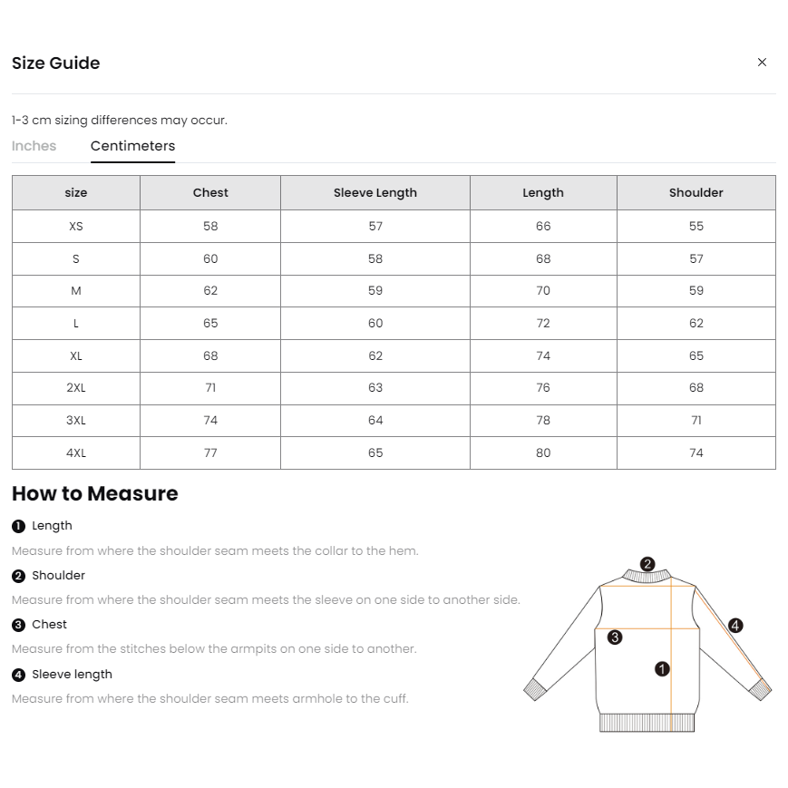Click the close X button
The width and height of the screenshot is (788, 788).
tap(762, 63)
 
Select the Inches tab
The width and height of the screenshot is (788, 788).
tap(34, 146)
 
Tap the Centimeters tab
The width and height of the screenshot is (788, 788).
tap(132, 146)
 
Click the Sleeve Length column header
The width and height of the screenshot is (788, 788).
tap(375, 192)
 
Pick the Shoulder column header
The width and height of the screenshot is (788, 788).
tap(696, 192)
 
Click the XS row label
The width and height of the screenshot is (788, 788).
tap(76, 226)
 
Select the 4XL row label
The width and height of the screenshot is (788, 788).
tap(76, 452)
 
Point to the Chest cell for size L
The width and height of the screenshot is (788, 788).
tap(210, 323)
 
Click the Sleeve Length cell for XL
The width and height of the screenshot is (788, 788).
tap(375, 355)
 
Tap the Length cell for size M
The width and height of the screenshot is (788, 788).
tap(543, 290)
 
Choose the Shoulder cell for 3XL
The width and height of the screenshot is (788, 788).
tap(696, 420)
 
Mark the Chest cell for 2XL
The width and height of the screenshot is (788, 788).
tap(210, 387)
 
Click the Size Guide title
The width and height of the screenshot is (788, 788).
tap(56, 63)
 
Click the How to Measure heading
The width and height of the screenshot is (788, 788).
tap(95, 493)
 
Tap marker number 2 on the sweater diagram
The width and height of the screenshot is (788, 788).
tap(647, 564)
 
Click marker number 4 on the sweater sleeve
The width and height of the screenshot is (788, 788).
tap(735, 626)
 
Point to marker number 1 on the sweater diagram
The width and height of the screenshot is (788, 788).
tap(662, 669)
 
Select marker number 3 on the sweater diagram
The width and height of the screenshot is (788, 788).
tap(615, 637)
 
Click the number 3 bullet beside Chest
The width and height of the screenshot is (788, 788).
tap(19, 625)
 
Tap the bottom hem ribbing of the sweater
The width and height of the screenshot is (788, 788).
tap(647, 723)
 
